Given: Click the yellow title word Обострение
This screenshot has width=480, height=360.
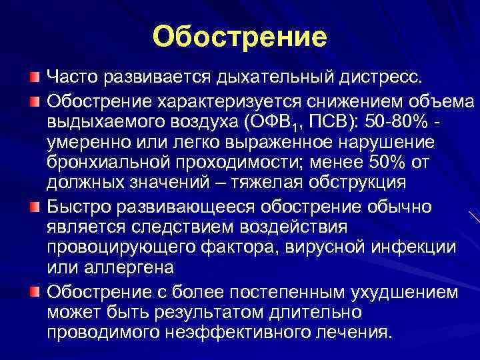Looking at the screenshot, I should [x=239, y=37].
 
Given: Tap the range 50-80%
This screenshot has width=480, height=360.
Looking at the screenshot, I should [x=389, y=123].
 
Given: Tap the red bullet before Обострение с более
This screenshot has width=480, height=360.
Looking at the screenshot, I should [x=35, y=291].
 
